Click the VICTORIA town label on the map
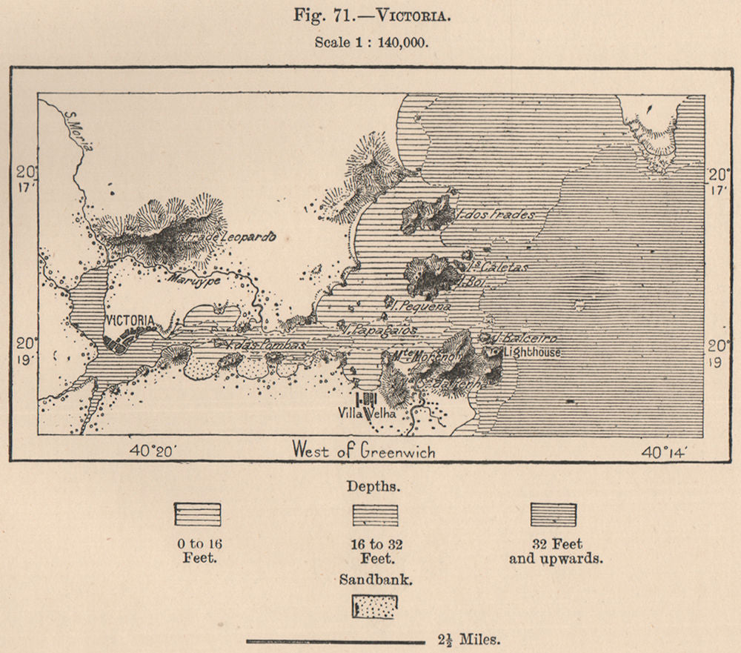click(130, 320)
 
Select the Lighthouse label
click(531, 354)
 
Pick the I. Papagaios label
click(381, 330)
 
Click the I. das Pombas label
click(256, 346)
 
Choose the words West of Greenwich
click(363, 450)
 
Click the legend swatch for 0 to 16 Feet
click(197, 514)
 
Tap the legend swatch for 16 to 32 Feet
click(375, 514)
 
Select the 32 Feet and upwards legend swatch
click(554, 514)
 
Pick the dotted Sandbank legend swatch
click(375, 606)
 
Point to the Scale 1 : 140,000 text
click(371, 42)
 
